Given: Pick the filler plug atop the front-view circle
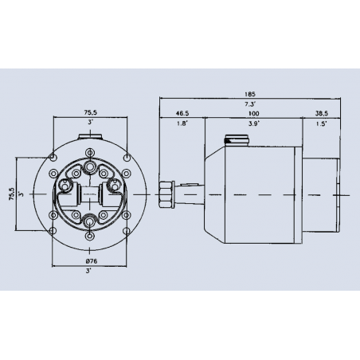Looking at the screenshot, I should point(89,146).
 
